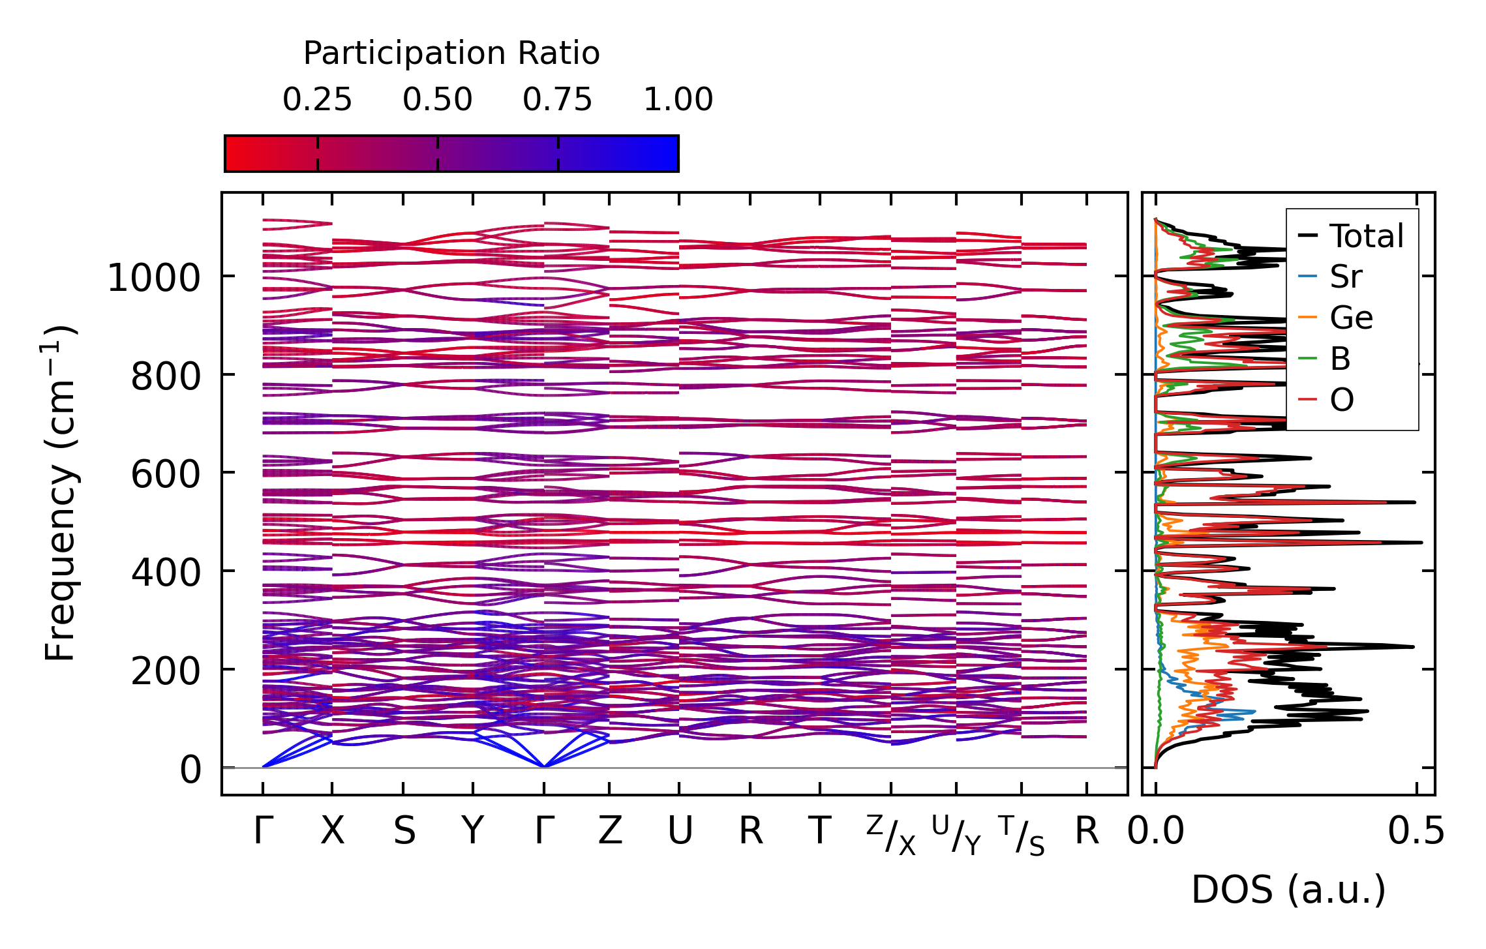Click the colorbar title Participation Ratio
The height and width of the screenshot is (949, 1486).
pos(451,53)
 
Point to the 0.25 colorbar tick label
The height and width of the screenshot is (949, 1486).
pos(317,100)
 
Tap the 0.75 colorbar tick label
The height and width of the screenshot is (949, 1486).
pos(557,100)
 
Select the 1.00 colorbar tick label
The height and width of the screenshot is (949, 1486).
pos(678,100)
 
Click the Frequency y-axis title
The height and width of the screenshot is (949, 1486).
pos(60,493)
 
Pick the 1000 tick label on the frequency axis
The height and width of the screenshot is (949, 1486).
pos(153,279)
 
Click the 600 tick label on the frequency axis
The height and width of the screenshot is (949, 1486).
pos(165,474)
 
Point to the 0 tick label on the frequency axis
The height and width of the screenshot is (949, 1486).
pos(190,770)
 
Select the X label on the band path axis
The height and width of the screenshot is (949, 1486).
pos(332,832)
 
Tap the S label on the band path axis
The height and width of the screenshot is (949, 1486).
pos(404,832)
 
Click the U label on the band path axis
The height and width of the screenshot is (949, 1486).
pos(680,832)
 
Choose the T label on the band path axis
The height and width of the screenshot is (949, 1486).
pos(819,832)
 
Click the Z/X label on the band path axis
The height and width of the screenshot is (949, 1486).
pos(891,836)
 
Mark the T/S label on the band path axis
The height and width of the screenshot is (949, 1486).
pos(1022,836)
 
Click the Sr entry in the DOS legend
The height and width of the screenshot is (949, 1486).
pos(1346,277)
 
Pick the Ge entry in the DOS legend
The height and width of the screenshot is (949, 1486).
pos(1351,318)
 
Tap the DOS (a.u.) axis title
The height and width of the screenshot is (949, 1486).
pos(1288,890)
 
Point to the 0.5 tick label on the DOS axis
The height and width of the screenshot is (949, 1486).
pos(1416,832)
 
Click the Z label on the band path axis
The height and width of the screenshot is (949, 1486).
pos(610,832)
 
